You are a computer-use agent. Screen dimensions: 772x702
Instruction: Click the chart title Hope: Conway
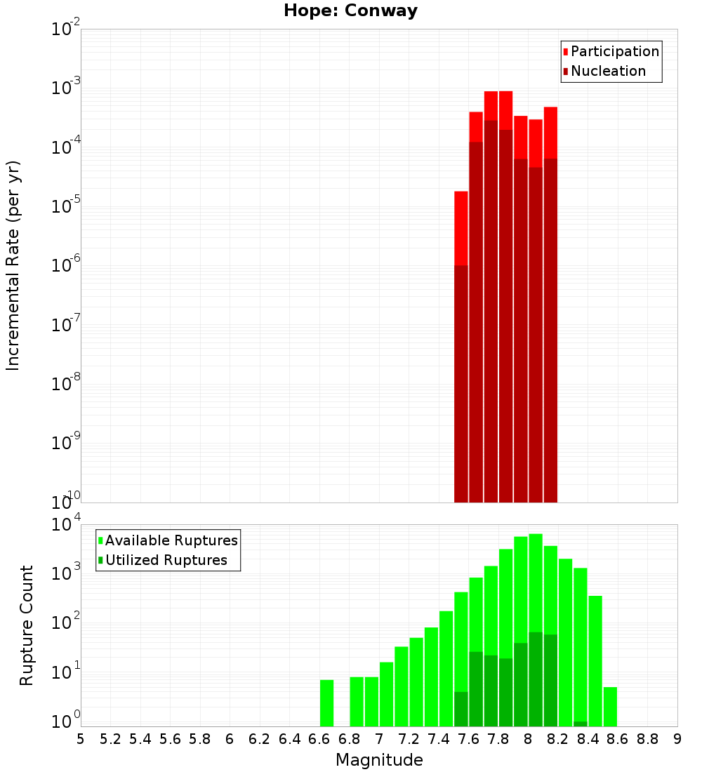click(x=350, y=11)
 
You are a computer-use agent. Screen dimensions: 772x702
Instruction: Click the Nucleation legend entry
click(x=607, y=71)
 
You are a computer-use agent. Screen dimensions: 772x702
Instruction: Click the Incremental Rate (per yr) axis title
click(x=13, y=265)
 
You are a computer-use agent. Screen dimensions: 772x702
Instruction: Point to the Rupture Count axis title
click(x=27, y=625)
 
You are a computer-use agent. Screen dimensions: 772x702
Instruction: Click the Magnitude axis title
click(x=379, y=760)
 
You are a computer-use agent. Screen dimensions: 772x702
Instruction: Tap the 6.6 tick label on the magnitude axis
click(x=319, y=738)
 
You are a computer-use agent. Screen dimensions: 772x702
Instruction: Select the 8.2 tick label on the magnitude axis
click(x=558, y=738)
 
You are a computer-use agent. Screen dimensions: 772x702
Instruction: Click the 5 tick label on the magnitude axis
click(x=81, y=738)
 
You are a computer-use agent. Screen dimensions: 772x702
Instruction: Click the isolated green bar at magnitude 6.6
click(x=327, y=703)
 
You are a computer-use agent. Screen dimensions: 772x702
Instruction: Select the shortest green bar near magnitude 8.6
click(x=610, y=706)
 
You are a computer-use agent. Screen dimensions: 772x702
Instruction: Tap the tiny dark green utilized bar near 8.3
click(x=581, y=724)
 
